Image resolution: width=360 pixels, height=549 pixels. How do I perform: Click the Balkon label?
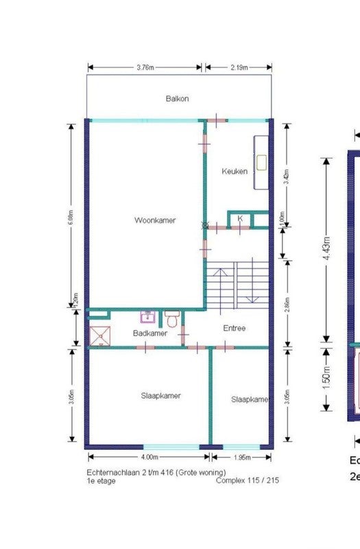click(177, 99)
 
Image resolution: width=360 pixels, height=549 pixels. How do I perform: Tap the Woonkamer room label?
click(154, 220)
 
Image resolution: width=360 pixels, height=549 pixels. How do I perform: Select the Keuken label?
click(235, 172)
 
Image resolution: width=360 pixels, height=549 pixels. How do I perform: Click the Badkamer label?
click(150, 334)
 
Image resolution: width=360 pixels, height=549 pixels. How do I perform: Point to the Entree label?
click(235, 328)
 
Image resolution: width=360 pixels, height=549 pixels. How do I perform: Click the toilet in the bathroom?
click(172, 318)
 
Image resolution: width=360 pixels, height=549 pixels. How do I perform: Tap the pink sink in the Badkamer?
click(147, 317)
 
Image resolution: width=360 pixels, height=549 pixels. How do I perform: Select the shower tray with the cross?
click(99, 336)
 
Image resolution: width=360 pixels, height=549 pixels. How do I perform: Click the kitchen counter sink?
click(261, 163)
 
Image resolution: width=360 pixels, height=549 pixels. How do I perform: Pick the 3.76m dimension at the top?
click(145, 67)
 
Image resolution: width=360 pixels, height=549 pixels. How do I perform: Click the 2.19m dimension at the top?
click(239, 67)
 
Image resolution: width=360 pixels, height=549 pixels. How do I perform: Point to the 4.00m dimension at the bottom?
click(149, 457)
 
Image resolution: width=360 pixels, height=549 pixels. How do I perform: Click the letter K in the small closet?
click(240, 219)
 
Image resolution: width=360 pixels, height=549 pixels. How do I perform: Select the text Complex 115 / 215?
click(247, 481)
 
